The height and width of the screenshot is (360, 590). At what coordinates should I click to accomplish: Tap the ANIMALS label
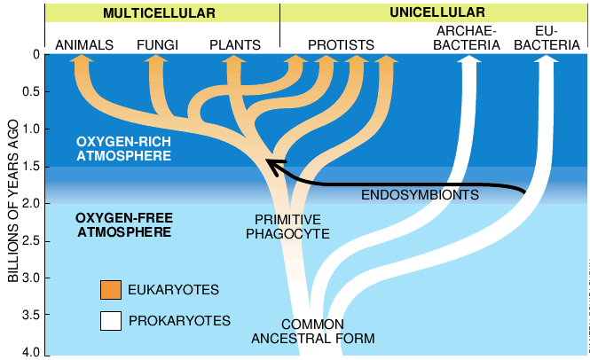tap(83, 44)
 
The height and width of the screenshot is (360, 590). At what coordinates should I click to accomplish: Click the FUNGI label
tap(157, 44)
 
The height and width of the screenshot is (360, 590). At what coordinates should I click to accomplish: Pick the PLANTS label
tap(235, 44)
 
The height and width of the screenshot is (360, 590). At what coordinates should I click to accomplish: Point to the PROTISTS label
tap(341, 44)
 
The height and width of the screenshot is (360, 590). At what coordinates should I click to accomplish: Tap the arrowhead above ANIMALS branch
tap(81, 61)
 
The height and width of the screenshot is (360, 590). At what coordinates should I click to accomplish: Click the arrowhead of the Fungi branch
tap(156, 61)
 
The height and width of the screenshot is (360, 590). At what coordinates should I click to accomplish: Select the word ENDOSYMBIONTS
tap(421, 195)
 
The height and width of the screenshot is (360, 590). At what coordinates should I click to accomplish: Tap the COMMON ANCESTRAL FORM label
tap(312, 331)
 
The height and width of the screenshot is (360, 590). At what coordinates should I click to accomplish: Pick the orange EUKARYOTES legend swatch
tap(110, 290)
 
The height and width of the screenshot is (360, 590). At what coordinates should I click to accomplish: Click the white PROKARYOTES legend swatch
tap(110, 320)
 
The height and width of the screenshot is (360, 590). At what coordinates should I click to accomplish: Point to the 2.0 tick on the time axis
tap(34, 204)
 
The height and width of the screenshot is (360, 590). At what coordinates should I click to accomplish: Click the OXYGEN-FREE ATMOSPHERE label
tap(123, 224)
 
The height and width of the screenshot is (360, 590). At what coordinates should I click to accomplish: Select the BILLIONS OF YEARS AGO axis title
tap(12, 204)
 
